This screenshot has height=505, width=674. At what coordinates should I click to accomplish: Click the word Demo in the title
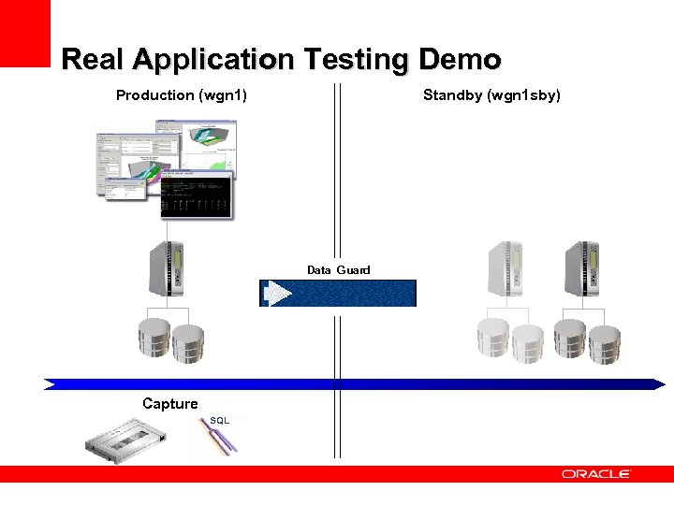[x=460, y=60]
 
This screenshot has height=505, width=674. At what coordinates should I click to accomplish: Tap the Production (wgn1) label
[x=181, y=94]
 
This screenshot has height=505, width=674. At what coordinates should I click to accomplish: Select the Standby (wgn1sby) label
[x=491, y=94]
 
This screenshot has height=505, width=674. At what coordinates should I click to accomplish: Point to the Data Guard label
[x=338, y=269]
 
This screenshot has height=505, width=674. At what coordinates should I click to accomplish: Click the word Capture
[x=169, y=403]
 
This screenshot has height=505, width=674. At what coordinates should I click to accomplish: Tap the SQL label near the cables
[x=219, y=421]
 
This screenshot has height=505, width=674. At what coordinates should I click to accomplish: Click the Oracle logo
[x=596, y=474]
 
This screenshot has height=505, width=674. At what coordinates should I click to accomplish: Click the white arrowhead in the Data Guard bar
[x=279, y=294]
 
